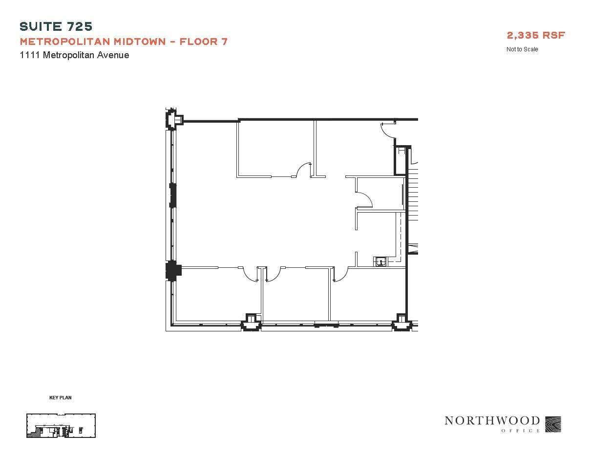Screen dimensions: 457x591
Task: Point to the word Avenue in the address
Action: coord(113,55)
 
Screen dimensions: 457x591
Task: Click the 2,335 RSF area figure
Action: coord(536,35)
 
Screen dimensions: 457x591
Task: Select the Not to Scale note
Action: coord(522,49)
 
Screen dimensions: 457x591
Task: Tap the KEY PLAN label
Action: coord(60,398)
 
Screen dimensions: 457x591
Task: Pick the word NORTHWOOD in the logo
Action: coord(492,421)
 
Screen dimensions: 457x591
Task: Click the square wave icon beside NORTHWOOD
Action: coord(553,424)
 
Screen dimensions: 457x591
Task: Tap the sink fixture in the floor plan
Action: coord(380,261)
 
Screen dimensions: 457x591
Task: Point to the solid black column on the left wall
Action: coord(173,270)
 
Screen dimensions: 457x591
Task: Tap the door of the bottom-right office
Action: coord(340,275)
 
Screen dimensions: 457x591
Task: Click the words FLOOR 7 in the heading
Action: coord(203,42)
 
